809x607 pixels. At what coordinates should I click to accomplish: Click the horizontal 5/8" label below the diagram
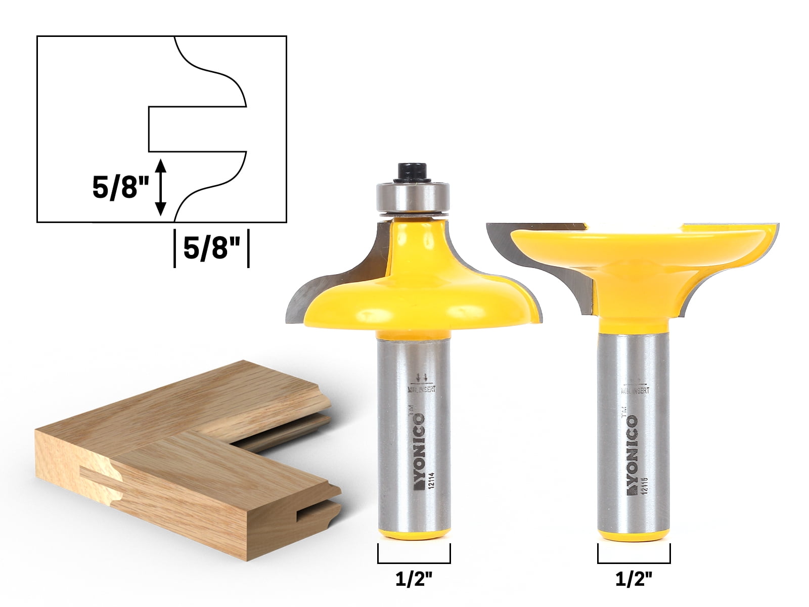click(x=211, y=249)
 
